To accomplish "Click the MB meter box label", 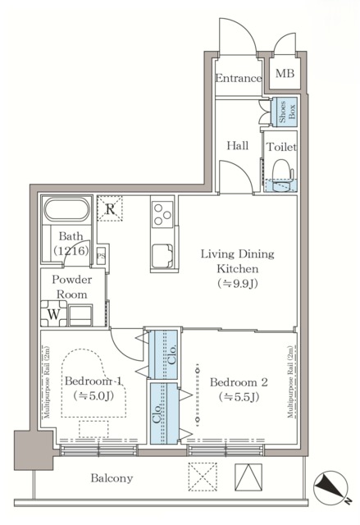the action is pos(285,73).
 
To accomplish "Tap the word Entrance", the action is pos(238,79).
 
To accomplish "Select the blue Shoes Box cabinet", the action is pos(284,112).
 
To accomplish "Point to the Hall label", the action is pos(238,146).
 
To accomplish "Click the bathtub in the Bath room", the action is pos(67,210).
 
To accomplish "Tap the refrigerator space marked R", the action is pos(110,208).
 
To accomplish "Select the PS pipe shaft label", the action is pos(101,256).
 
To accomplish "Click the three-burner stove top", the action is pos(162,214).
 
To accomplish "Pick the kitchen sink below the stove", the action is pos(162,256).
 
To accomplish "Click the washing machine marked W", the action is pos(54,313).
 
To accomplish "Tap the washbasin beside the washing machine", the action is pos(80,315).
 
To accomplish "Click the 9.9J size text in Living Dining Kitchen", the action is pos(238,284).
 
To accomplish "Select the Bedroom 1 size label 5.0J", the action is pos(93,395).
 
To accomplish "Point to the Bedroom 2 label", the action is pos(239,382).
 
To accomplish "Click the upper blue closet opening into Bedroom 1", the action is pos(163,355).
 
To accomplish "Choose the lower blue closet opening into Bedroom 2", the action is pos(164,413).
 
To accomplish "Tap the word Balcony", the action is pos(112,478).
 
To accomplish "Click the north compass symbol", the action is pos(331,488).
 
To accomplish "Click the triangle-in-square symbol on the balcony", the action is pos(248,477).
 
